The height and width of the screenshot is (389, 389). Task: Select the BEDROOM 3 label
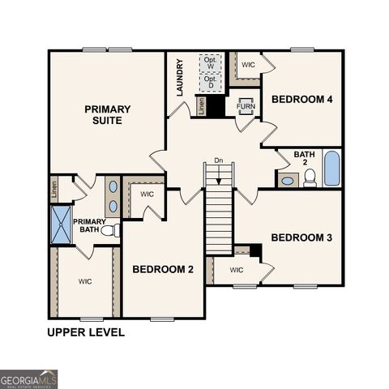click(301, 237)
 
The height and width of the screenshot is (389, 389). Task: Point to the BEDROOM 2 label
click(163, 269)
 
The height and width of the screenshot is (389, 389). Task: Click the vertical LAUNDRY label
click(180, 77)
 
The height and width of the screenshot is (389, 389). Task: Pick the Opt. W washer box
click(211, 62)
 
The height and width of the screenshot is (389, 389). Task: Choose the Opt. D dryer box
click(211, 82)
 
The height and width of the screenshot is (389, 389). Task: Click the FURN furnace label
click(246, 106)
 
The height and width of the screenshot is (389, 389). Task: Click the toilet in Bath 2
click(310, 178)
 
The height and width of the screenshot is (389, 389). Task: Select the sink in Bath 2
click(287, 180)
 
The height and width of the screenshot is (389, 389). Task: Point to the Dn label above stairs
click(218, 160)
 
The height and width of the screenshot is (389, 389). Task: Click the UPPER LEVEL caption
click(86, 332)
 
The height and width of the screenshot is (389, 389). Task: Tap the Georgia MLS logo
click(29, 378)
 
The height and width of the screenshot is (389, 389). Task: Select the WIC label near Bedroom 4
click(248, 63)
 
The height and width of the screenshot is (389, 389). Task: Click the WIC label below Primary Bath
click(85, 281)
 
